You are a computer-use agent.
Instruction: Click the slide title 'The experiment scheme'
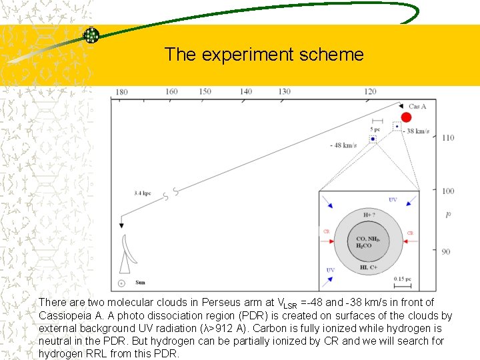(x=264, y=54)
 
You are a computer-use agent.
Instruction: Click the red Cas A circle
(x=406, y=117)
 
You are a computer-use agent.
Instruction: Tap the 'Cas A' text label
(x=417, y=107)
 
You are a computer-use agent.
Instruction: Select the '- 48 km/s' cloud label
(x=343, y=145)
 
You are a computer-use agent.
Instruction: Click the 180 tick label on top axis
(x=121, y=92)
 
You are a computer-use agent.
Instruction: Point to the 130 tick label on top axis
(x=284, y=91)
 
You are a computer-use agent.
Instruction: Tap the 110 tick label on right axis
(x=447, y=138)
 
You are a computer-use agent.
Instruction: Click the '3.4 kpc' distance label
(x=142, y=193)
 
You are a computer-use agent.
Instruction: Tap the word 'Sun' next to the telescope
(x=141, y=283)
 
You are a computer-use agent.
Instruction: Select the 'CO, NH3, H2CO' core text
(x=368, y=242)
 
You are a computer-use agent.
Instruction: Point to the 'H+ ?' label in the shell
(x=369, y=215)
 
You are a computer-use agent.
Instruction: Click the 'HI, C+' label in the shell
(x=369, y=267)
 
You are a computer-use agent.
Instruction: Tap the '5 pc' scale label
(x=375, y=129)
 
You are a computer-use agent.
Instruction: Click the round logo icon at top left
(x=91, y=35)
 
